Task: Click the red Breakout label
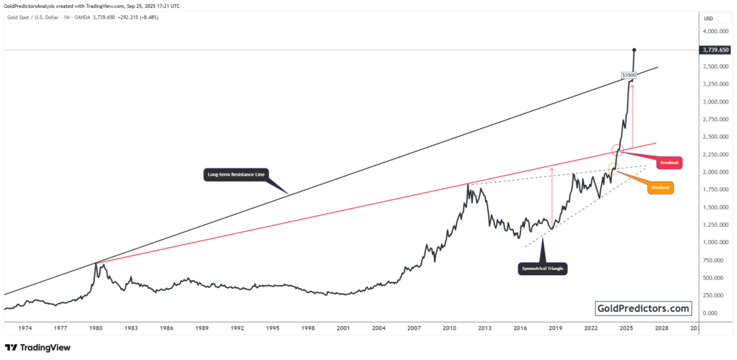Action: pos(669,163)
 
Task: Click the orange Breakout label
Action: pos(660,188)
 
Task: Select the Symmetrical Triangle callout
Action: pos(543,269)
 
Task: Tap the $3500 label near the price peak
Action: pos(628,74)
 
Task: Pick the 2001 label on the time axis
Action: pos(343,328)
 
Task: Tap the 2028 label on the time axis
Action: pos(661,328)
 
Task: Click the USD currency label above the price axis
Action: pos(708,18)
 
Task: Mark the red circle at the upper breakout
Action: pos(617,150)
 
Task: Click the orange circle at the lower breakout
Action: pos(613,168)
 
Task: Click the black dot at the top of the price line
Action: pos(634,50)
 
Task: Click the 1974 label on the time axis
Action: pos(25,328)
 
